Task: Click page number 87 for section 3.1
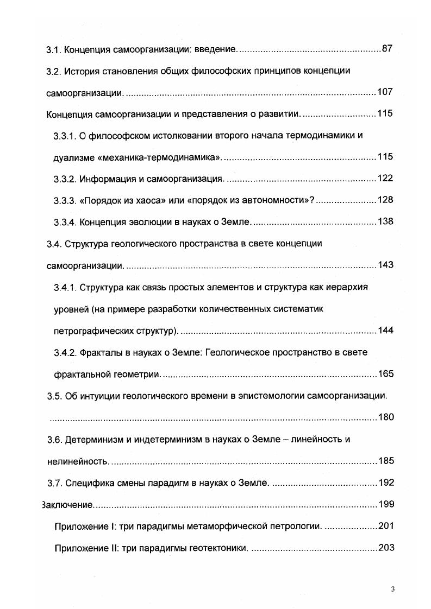click(387, 49)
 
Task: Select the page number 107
click(385, 92)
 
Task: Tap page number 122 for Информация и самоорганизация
click(385, 179)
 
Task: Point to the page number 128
click(385, 200)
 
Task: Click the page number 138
click(385, 221)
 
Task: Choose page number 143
click(385, 265)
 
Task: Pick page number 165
click(385, 374)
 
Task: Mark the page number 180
click(385, 417)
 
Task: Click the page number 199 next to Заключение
click(385, 505)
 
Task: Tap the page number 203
click(385, 548)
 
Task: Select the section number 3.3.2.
click(65, 179)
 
